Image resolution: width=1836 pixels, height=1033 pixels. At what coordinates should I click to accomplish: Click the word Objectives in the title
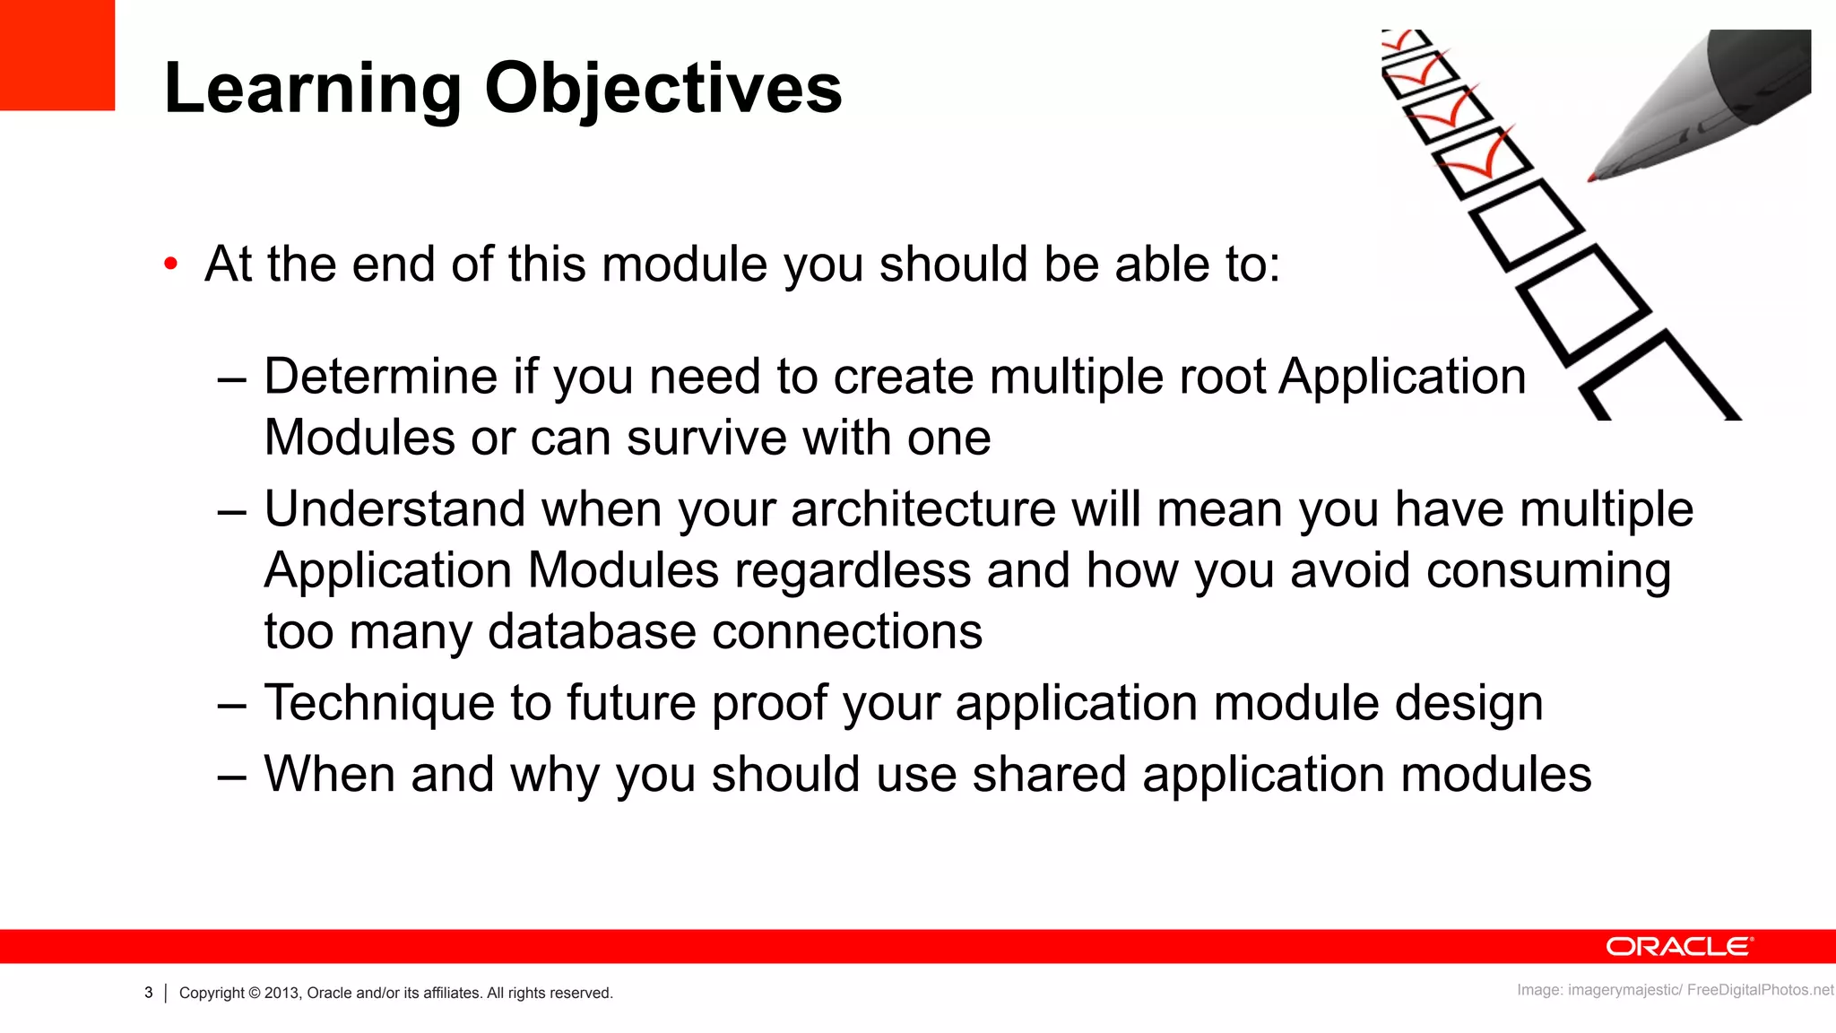pos(663,89)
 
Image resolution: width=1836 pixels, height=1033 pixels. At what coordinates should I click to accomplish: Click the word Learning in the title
pos(313,89)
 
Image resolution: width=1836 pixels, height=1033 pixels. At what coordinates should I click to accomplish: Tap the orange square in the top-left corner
pos(56,54)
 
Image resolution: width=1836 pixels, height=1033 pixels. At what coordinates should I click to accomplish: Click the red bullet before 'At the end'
pos(171,265)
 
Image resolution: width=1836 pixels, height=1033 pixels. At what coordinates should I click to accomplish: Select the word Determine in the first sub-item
pos(380,376)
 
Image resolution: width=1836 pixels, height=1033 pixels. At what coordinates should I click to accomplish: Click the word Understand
pos(394,509)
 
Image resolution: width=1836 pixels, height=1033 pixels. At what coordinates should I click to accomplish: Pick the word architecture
pos(923,509)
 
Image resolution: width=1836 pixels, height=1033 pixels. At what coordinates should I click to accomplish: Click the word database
pos(592,632)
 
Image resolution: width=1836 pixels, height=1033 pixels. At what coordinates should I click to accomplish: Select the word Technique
pos(378,702)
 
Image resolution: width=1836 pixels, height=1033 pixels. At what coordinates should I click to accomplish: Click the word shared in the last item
pos(1049,774)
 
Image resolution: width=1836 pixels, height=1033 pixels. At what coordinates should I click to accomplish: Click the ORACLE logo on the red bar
pos(1678,947)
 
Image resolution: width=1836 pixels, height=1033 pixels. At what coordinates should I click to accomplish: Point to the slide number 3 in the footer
pos(149,993)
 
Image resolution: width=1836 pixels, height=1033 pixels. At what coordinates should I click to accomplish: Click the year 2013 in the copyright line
pos(281,993)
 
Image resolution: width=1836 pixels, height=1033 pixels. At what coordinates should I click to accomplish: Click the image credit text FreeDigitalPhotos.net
pos(1760,990)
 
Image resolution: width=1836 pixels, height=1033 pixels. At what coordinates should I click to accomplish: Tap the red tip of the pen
pos(1594,177)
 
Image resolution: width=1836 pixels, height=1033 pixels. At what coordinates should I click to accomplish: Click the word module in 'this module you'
pos(683,265)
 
